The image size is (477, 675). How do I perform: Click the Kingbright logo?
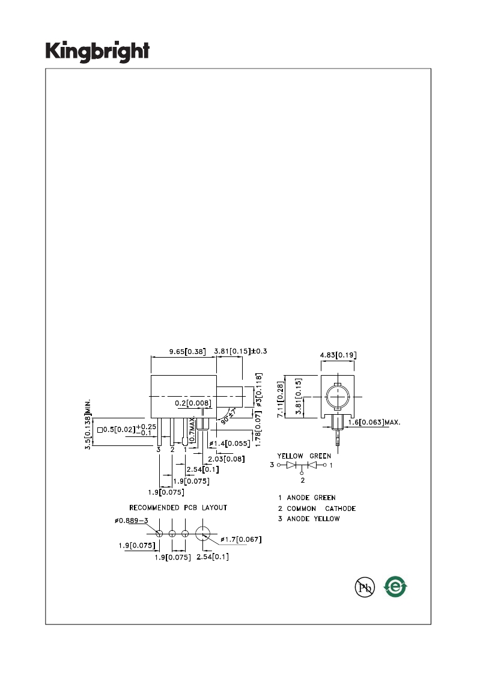click(98, 52)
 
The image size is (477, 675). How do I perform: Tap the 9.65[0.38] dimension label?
click(187, 352)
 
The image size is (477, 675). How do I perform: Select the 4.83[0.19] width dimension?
click(338, 355)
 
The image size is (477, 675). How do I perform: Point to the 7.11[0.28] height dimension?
click(281, 399)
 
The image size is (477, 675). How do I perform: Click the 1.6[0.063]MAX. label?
click(374, 423)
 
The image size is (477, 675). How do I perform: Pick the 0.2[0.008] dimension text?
click(193, 403)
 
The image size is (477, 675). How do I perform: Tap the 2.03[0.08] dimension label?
click(226, 459)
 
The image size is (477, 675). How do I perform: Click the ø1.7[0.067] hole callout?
click(241, 539)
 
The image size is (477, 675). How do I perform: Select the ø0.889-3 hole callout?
click(131, 521)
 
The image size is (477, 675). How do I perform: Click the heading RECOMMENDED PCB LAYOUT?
click(178, 508)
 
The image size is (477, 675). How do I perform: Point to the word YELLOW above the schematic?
click(290, 456)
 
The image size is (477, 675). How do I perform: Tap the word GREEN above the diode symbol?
click(320, 456)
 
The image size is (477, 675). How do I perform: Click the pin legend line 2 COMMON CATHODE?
click(317, 509)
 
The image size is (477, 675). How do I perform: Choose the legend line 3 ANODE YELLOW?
click(309, 519)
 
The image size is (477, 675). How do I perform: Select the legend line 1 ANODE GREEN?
click(306, 498)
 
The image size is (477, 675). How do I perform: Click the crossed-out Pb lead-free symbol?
click(365, 587)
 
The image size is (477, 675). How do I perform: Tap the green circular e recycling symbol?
click(395, 587)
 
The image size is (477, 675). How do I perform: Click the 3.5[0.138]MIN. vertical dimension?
click(88, 424)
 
